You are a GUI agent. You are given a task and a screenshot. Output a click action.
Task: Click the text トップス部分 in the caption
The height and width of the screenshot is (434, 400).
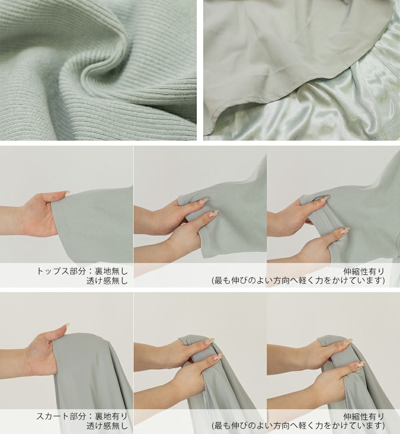tap(61, 271)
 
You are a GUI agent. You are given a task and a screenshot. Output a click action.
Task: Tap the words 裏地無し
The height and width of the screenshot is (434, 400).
tap(111, 271)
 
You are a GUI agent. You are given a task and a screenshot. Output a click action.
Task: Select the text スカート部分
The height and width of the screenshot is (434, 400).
tap(61, 416)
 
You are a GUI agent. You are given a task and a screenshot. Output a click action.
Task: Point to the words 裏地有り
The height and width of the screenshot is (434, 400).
tap(111, 416)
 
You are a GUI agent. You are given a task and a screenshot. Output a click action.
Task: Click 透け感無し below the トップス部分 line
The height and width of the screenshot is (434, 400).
tap(107, 281)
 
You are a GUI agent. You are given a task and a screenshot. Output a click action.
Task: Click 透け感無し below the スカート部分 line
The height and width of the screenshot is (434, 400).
tap(107, 426)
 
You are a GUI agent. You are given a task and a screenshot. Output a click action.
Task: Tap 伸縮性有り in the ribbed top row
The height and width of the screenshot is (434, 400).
tap(364, 271)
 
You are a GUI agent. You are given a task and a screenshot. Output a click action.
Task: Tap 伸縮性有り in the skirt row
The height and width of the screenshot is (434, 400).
tap(364, 416)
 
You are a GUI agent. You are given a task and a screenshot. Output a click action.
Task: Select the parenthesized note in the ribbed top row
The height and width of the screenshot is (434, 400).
tap(298, 281)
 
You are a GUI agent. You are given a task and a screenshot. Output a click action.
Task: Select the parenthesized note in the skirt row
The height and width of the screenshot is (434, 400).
tap(298, 426)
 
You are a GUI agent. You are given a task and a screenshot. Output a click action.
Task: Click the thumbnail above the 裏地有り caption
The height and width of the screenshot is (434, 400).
tap(66, 350)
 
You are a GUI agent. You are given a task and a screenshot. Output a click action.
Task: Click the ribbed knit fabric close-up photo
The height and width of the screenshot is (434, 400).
tap(98, 70)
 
